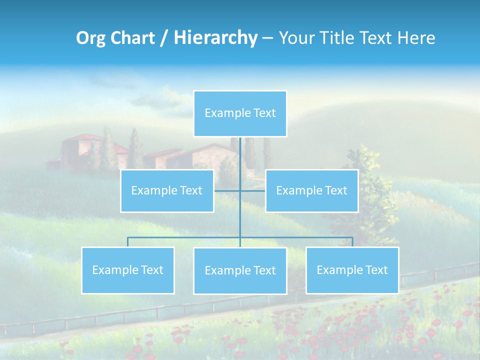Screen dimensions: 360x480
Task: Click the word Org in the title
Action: click(91, 38)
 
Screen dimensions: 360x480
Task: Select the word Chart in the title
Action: click(130, 38)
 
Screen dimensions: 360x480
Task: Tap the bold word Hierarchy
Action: click(215, 38)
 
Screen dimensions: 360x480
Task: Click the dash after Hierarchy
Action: click(267, 38)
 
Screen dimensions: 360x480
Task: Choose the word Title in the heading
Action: click(335, 38)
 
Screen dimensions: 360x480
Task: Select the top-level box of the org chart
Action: click(240, 113)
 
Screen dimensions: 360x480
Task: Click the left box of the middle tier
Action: click(167, 190)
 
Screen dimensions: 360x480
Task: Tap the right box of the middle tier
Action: click(311, 190)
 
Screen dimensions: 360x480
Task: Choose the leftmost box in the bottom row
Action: click(127, 270)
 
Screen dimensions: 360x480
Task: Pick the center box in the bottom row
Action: click(240, 270)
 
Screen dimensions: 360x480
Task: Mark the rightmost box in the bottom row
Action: click(352, 270)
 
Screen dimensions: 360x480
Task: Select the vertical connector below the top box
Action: click(240, 160)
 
